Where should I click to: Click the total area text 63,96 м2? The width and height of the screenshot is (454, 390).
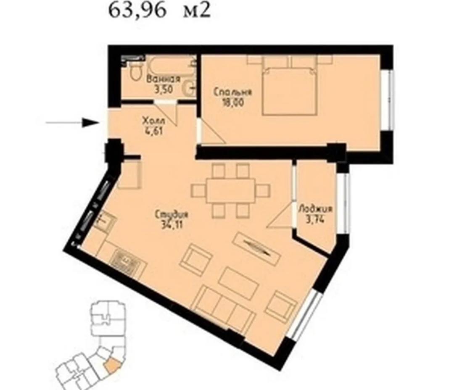pos(159,11)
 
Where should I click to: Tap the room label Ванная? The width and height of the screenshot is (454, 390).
pos(164,79)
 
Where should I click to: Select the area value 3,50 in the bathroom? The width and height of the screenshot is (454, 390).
pos(164,89)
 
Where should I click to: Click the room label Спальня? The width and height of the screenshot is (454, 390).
pos(232,92)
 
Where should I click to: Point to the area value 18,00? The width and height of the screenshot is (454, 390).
pos(232,102)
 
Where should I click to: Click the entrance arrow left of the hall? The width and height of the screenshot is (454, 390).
pos(71,123)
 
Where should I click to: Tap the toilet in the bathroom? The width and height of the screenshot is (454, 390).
pos(135,72)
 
